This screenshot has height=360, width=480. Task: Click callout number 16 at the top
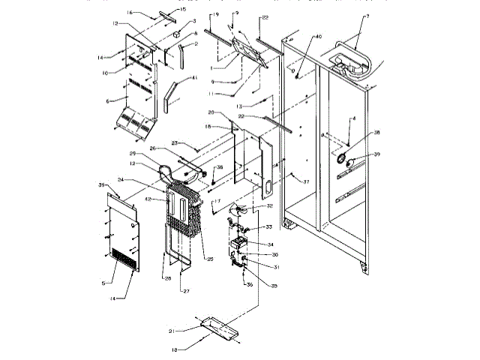click(x=129, y=13)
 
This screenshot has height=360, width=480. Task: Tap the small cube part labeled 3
click(x=176, y=34)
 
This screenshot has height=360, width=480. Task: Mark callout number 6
click(x=109, y=99)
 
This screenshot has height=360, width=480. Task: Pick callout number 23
click(x=174, y=142)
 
